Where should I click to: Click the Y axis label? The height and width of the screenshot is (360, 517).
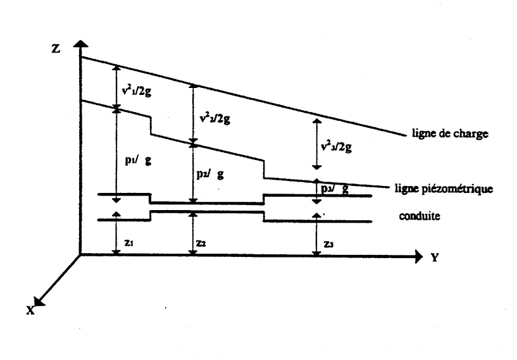(x=435, y=258)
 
